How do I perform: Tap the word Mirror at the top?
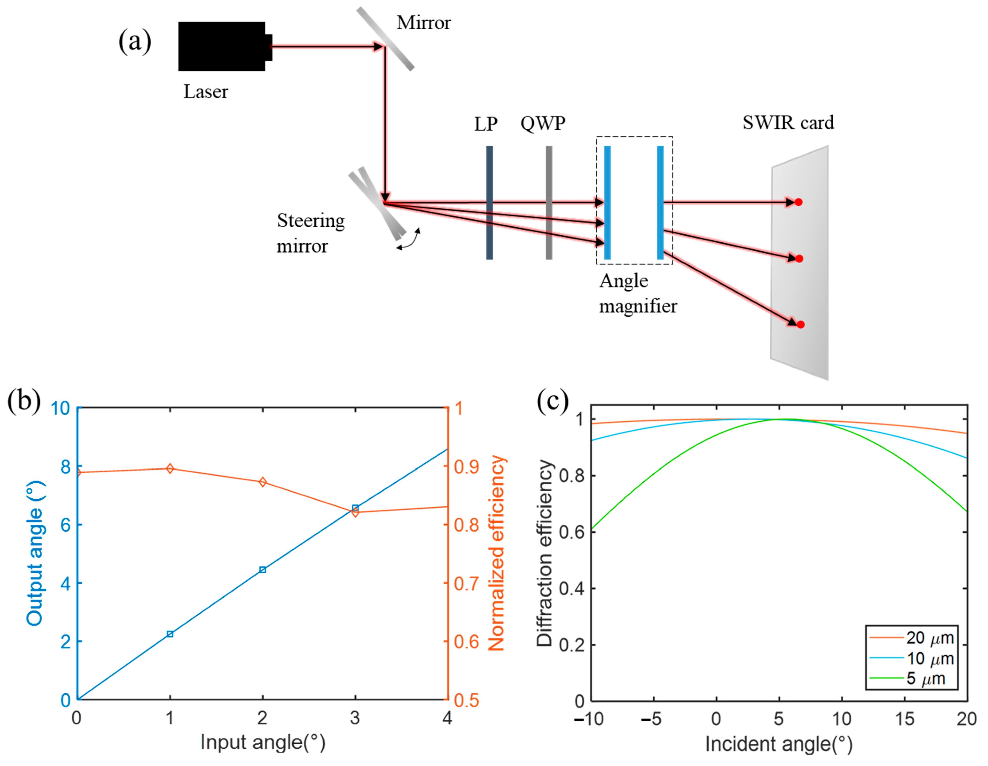click(x=423, y=23)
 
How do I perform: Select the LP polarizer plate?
click(x=489, y=202)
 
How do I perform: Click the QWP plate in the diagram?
click(x=549, y=202)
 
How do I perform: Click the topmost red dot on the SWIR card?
click(x=798, y=202)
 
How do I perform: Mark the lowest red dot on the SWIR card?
click(x=800, y=324)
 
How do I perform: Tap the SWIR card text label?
click(x=788, y=123)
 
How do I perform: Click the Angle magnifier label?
click(x=638, y=294)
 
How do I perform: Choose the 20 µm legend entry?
click(x=930, y=638)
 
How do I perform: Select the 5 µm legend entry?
click(x=925, y=679)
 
